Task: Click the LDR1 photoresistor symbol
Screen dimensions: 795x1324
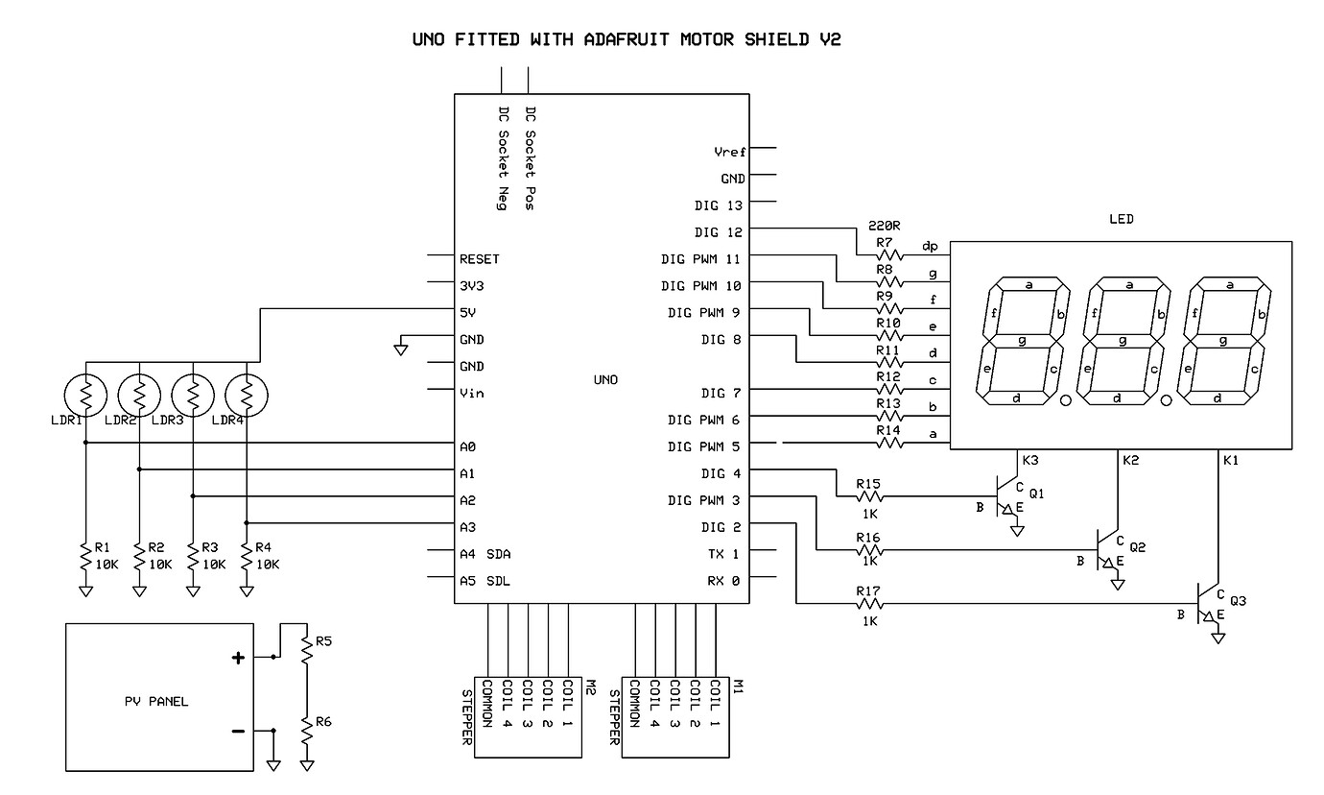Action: coord(85,394)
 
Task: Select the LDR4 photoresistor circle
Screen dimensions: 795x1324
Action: coord(247,394)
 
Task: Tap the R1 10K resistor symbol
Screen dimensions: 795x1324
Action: coord(85,554)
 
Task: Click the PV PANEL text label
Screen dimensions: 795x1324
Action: coord(156,701)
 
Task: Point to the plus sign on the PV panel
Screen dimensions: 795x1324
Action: coord(239,658)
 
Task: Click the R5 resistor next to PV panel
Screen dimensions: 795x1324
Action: coord(306,650)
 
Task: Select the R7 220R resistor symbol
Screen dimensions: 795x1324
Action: coord(888,255)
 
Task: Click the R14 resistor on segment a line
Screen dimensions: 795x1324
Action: coord(888,444)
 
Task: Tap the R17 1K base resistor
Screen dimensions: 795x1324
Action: coord(868,604)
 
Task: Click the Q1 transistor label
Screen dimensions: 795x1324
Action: coord(1036,494)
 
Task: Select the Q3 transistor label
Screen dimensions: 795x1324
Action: coord(1237,601)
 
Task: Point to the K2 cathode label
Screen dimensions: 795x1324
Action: coord(1130,461)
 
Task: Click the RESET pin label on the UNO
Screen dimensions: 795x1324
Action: coord(480,259)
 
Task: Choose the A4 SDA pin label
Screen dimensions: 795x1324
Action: coord(485,554)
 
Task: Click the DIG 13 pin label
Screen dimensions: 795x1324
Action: coord(720,205)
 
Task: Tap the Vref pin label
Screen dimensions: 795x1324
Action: coord(729,152)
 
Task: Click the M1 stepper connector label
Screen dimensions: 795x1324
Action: coord(739,687)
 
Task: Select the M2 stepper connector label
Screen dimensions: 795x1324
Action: coord(591,687)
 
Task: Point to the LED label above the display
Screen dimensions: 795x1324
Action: coord(1121,219)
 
